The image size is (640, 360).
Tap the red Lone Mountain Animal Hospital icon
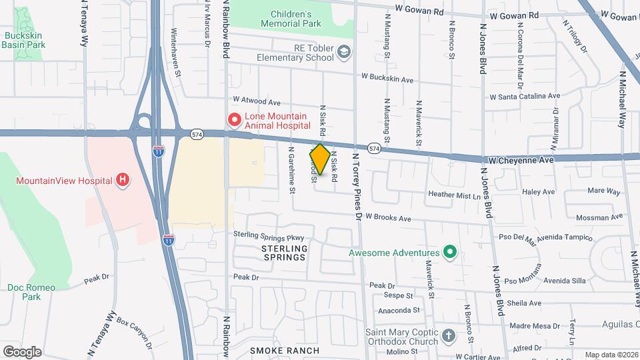pos(234,120)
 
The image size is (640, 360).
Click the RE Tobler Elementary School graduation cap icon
pos(344,53)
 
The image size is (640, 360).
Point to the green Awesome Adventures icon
pos(450,253)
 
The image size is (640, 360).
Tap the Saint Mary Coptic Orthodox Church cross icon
pos(449,335)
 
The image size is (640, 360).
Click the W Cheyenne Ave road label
pos(520,161)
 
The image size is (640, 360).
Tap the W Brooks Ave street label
pos(388,217)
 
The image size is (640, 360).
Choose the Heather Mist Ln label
pos(454,196)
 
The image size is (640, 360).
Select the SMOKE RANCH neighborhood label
pos(285,350)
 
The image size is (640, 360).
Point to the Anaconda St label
pos(397,310)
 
